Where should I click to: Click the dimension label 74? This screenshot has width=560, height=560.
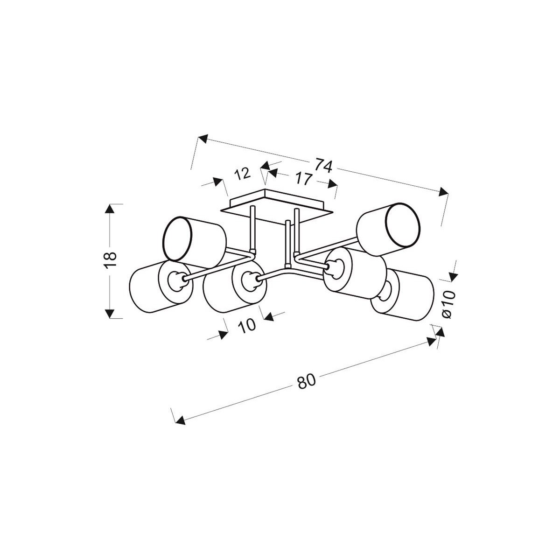[323, 165]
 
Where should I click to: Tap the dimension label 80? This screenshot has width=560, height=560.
[307, 381]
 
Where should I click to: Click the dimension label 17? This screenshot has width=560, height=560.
[303, 178]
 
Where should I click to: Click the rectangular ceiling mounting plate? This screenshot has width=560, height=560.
[277, 204]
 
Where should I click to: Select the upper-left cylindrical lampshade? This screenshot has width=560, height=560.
[194, 239]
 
